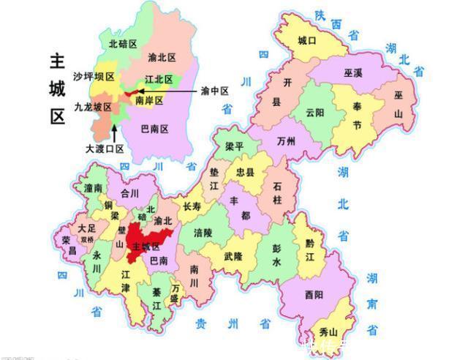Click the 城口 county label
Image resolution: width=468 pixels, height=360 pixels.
click(307, 42)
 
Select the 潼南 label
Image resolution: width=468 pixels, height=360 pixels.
click(93, 188)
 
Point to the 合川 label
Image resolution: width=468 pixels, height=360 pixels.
click(129, 194)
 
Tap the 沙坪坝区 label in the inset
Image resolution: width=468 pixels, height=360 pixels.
click(94, 76)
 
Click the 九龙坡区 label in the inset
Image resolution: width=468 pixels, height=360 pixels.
click(93, 108)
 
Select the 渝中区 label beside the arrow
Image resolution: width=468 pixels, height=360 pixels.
click(215, 91)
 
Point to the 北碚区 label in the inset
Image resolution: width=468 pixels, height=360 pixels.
click(123, 43)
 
